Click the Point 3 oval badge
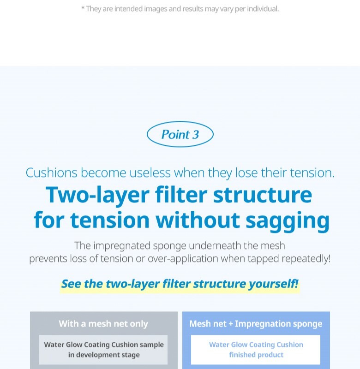point(180,135)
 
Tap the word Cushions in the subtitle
point(51,173)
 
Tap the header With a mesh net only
point(103,324)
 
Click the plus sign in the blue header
point(231,324)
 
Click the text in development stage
point(104,355)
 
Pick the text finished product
point(256,355)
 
